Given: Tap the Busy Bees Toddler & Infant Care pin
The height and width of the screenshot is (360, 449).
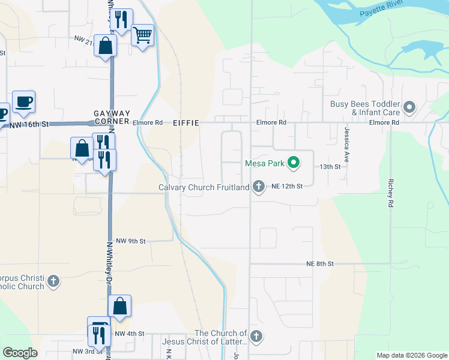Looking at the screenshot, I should (410, 108).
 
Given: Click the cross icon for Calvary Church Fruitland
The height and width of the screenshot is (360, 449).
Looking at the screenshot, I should (259, 187).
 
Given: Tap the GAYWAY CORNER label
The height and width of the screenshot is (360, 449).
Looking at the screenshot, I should (112, 117).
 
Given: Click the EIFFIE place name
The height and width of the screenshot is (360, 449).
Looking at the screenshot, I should (185, 122).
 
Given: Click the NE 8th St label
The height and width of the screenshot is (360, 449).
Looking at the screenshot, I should (319, 263).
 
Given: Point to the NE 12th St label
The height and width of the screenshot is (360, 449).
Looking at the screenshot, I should (286, 187).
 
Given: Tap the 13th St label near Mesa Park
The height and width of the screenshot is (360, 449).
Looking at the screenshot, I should (330, 166).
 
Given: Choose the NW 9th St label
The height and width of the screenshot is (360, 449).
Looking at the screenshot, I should (131, 241).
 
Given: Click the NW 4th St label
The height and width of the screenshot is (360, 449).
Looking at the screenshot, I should (130, 334).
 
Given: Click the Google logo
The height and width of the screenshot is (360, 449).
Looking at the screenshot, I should (20, 353).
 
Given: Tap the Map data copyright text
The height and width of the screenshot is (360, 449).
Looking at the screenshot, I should (411, 355).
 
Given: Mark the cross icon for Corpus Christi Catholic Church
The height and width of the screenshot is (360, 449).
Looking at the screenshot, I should (53, 281).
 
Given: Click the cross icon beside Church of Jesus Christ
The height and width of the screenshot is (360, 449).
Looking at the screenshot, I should (256, 337).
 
